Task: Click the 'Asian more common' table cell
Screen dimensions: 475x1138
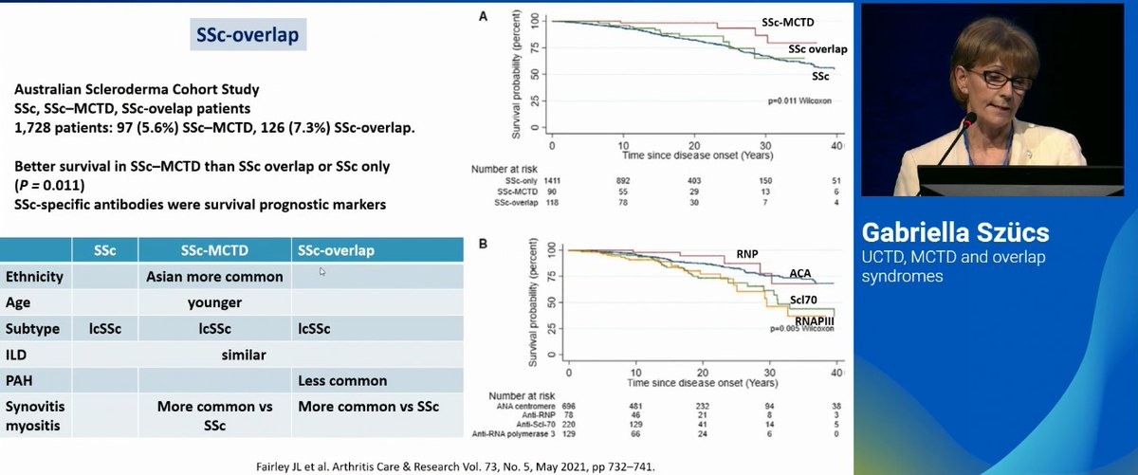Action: tap(214, 277)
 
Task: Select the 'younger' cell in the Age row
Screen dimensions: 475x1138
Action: tap(214, 303)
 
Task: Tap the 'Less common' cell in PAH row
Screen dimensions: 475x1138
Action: tap(341, 380)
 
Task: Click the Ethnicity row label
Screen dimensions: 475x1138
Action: tap(35, 277)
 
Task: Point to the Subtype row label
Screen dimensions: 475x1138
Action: tap(33, 329)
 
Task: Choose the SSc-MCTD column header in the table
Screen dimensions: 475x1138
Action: tap(213, 249)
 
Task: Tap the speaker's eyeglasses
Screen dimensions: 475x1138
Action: tap(990, 78)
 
